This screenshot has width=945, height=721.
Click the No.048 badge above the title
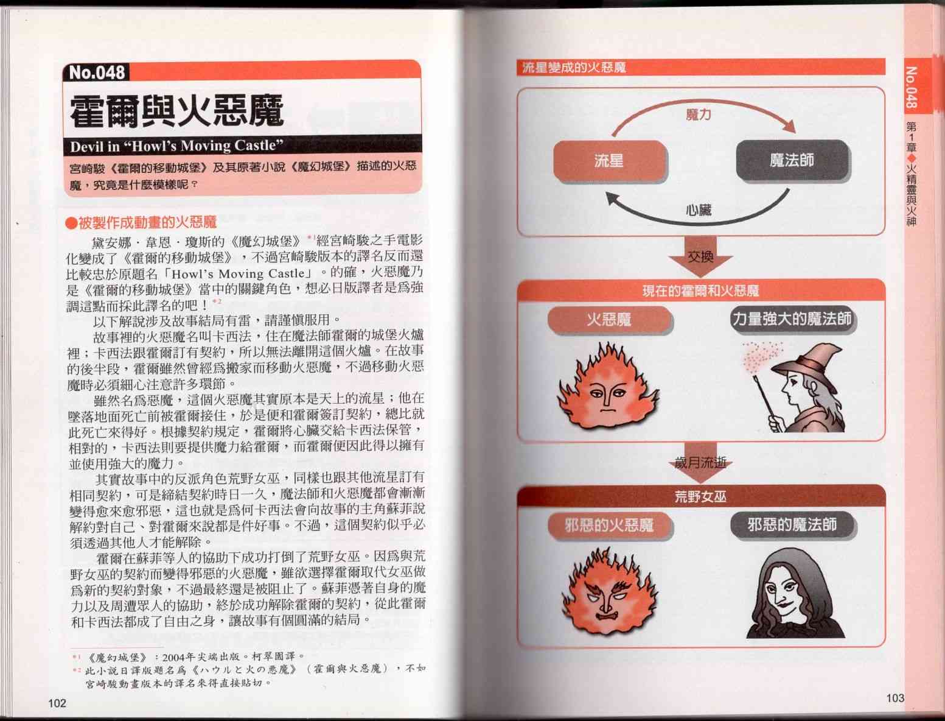click(x=96, y=72)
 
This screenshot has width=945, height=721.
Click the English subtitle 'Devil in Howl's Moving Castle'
click(x=176, y=146)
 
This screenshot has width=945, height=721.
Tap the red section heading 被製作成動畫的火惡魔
click(x=141, y=222)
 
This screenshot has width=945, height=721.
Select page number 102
click(x=57, y=703)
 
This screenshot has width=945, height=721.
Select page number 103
click(x=895, y=698)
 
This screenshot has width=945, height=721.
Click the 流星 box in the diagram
click(x=610, y=160)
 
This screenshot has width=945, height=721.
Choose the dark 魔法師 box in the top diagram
click(x=792, y=160)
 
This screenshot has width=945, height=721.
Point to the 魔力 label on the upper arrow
click(x=698, y=114)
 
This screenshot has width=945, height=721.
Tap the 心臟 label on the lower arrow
click(x=698, y=210)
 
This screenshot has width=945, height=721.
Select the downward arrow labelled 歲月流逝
click(x=700, y=462)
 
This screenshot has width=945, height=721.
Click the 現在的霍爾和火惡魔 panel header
click(x=701, y=290)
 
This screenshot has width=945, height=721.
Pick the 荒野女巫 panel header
click(x=701, y=497)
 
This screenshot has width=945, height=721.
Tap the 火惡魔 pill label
click(x=609, y=320)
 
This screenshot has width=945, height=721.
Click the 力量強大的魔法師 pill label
click(x=792, y=319)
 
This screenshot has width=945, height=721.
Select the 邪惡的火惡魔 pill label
click(x=609, y=526)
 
